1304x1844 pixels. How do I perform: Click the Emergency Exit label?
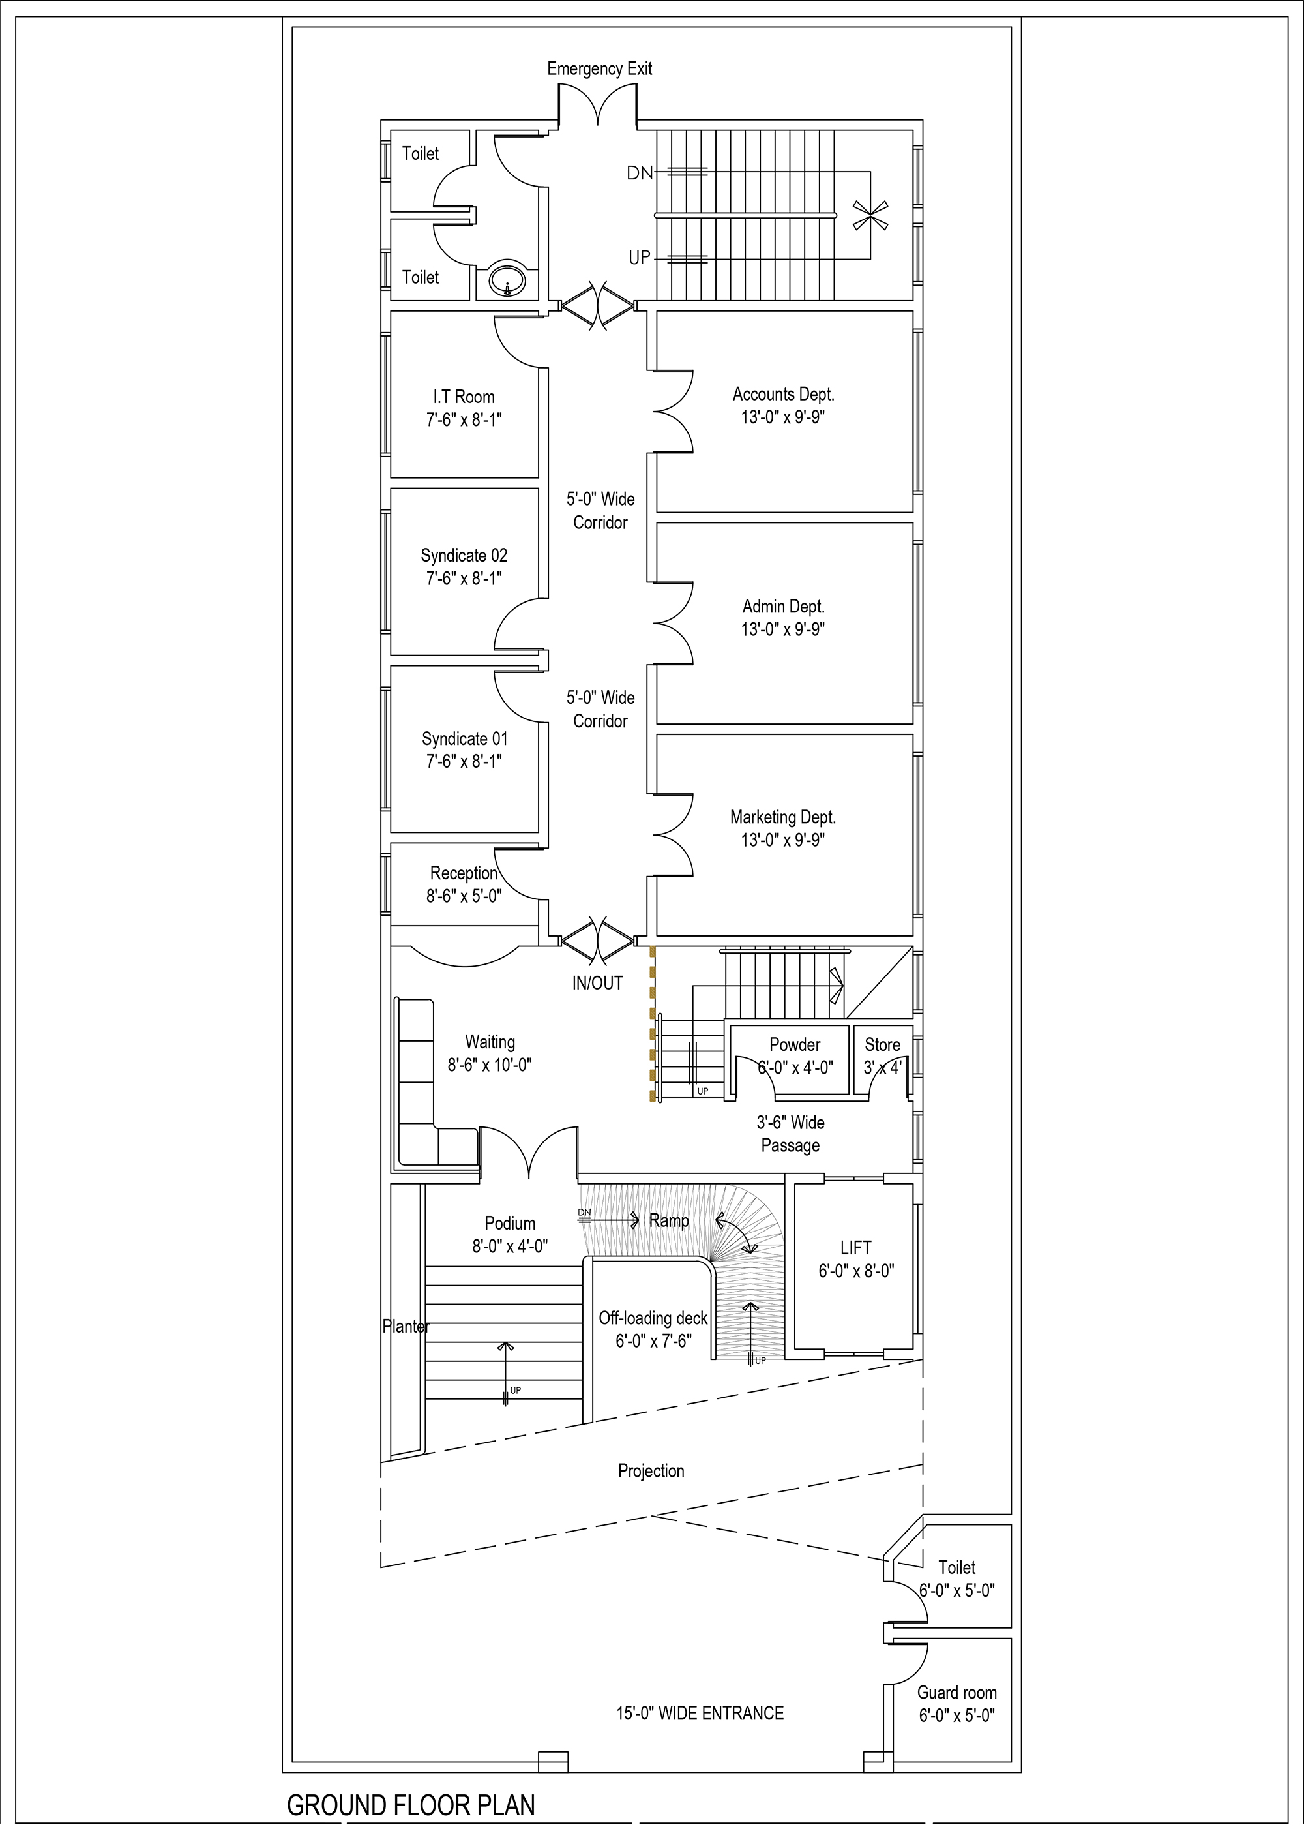coord(599,69)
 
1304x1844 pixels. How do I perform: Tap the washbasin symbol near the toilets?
coord(507,280)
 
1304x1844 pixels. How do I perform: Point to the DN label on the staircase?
coord(640,173)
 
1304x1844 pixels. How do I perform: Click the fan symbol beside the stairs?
coord(870,215)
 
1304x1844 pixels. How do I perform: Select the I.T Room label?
coord(464,397)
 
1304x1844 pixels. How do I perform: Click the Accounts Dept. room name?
coord(783,395)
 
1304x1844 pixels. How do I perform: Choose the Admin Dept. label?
coord(783,607)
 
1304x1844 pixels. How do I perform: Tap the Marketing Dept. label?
coord(783,817)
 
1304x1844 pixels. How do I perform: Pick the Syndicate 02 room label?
coord(464,555)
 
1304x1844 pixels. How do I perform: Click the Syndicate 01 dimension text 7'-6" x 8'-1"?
coord(464,761)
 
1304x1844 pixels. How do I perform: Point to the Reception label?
coord(464,873)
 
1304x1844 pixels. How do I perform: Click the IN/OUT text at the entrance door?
coord(597,983)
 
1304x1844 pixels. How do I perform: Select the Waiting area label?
coord(490,1042)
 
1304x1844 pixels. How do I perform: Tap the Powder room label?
coord(795,1045)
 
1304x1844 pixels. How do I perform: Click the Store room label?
coord(882,1045)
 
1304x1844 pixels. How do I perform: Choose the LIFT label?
coord(856,1248)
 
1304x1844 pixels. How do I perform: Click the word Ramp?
coord(669,1221)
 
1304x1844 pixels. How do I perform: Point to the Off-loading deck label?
coord(653,1319)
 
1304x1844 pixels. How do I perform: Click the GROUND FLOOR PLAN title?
coord(411,1806)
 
